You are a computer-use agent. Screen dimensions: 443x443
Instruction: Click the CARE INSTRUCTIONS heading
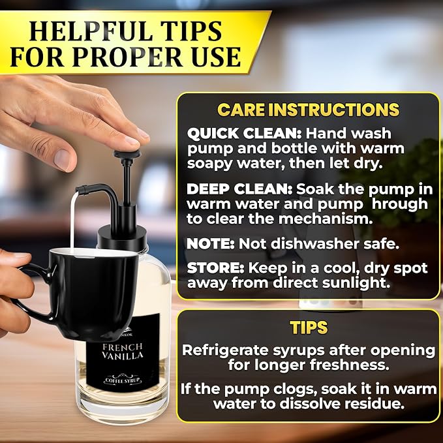click(308, 110)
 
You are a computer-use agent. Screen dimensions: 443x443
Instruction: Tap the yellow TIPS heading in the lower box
click(309, 328)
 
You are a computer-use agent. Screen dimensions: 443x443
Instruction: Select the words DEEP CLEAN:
click(239, 189)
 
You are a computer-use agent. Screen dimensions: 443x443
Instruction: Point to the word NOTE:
click(211, 244)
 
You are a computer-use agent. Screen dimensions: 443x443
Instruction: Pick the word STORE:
click(215, 268)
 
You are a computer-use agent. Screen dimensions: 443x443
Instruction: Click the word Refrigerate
click(225, 351)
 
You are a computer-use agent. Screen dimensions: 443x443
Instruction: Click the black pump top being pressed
click(127, 153)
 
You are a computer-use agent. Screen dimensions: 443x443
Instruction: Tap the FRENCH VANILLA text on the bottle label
click(123, 351)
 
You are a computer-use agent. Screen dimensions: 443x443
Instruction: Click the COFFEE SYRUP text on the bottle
click(123, 380)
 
